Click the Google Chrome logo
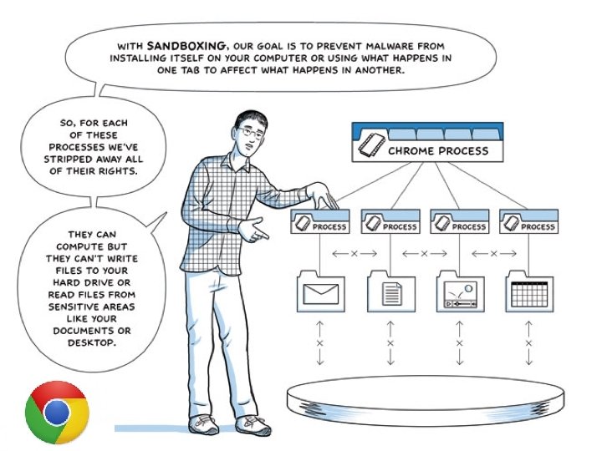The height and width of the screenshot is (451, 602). coord(56,412)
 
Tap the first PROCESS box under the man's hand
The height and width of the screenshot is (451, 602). coord(321,225)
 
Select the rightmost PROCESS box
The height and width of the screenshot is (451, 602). coord(528,225)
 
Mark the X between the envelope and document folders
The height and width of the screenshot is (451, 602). coord(355,253)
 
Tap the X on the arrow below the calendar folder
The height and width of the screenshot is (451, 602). coord(528,342)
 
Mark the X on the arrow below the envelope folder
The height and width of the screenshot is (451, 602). coord(320,342)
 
